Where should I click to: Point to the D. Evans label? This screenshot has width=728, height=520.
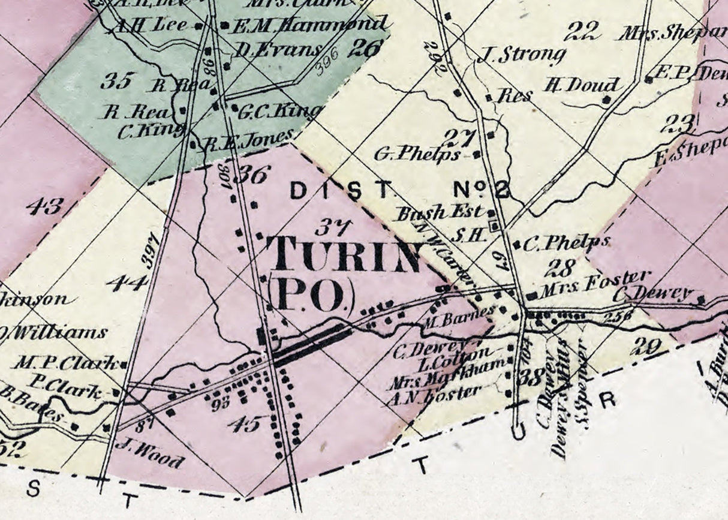(x=277, y=50)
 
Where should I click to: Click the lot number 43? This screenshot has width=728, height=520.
(x=44, y=207)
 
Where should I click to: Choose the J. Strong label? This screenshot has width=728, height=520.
(x=522, y=55)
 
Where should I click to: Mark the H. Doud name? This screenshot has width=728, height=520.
(x=572, y=85)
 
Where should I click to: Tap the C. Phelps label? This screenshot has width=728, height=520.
(x=565, y=244)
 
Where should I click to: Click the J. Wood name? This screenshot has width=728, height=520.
(x=150, y=453)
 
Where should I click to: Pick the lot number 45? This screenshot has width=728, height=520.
(x=244, y=424)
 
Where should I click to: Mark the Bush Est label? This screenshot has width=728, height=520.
(x=439, y=212)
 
